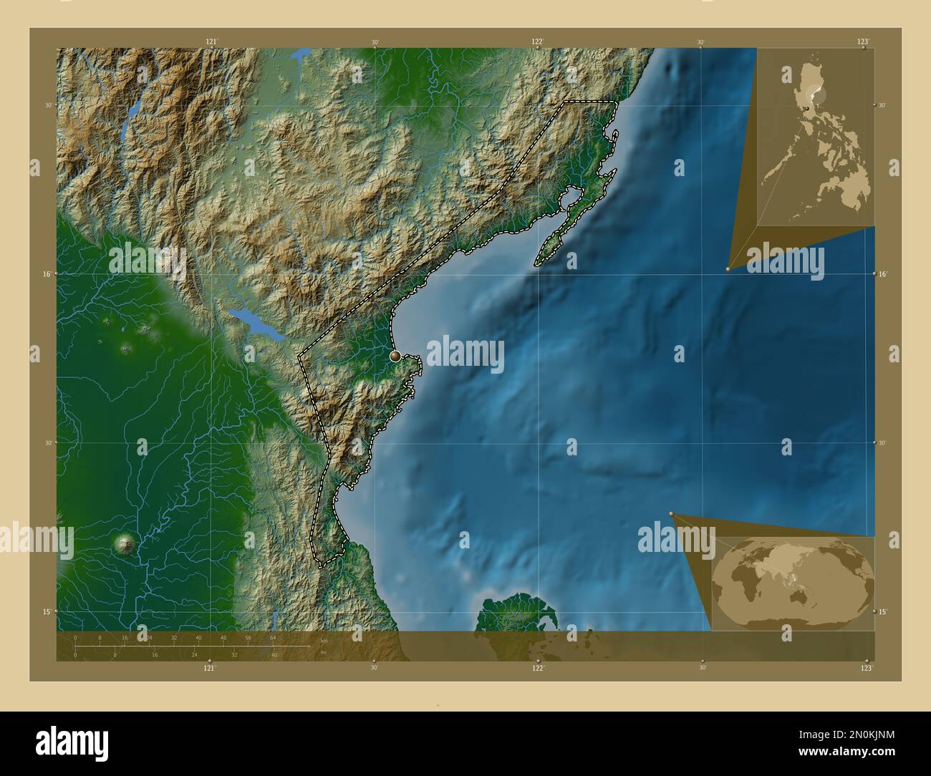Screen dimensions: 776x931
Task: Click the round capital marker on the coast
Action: (395, 355)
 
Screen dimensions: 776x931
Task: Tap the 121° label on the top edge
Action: (211, 42)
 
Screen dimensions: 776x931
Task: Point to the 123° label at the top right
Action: (863, 42)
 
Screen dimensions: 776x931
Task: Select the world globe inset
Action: (793, 583)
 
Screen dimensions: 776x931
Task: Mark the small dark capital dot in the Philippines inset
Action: (807, 107)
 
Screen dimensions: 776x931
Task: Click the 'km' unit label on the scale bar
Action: (324, 641)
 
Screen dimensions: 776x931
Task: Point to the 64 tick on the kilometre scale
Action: (272, 637)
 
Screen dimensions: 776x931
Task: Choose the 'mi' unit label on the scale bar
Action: (323, 652)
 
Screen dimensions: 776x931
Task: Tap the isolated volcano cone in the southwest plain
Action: (127, 544)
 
